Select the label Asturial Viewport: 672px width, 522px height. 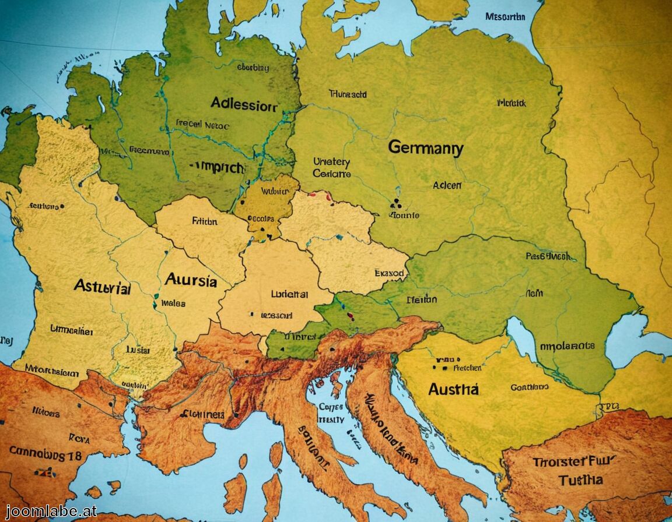102,287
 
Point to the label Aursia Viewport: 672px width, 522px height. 191,281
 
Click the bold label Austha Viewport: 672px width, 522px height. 453,389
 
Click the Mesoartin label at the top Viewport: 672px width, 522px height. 505,17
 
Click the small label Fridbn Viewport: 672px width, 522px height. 204,221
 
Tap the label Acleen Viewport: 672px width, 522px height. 447,185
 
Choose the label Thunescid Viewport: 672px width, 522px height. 348,93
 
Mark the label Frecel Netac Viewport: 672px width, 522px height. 202,125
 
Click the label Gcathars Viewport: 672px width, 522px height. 529,387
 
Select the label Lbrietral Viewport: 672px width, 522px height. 289,295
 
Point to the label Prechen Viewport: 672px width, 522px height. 467,368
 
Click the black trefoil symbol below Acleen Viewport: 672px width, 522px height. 395,203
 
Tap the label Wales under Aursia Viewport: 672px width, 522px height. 173,303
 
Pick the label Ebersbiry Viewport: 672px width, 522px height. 254,68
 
